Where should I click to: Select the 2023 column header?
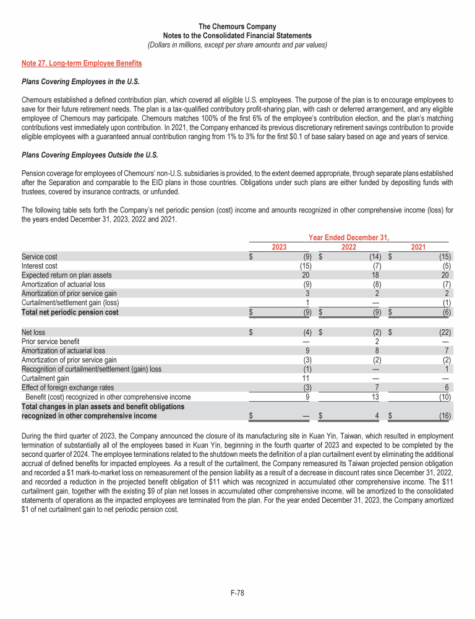click(280, 247)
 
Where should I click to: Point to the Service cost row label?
click(39, 256)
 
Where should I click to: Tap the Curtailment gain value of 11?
click(305, 378)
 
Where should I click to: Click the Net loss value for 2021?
click(443, 332)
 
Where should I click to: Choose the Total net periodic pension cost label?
click(70, 312)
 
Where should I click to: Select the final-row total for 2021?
click(443, 417)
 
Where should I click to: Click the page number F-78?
click(237, 593)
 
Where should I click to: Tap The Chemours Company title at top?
click(237, 27)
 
